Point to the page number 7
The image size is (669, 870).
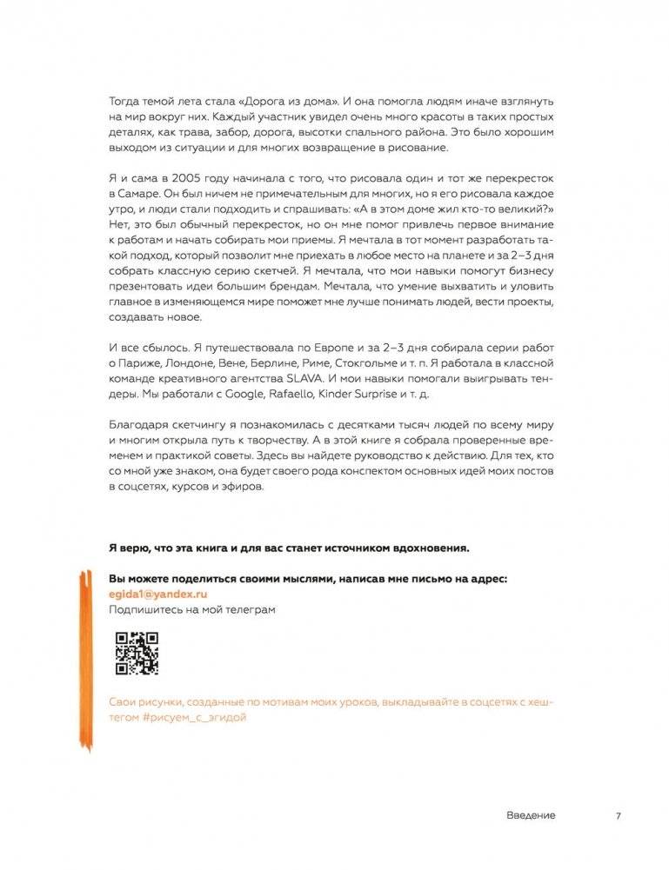pos(618,815)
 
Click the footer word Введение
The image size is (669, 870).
pos(530,815)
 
